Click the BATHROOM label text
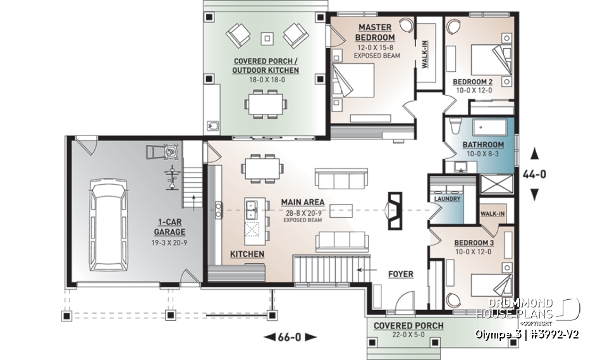coord(483,145)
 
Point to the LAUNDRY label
coord(447,199)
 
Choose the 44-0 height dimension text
coord(535,174)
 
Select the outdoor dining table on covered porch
coord(266,103)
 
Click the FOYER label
coord(400,274)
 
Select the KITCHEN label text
coord(247,254)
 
